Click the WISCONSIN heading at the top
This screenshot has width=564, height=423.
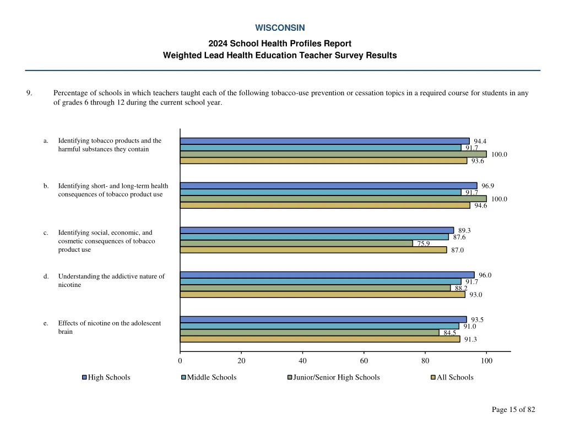click(x=280, y=28)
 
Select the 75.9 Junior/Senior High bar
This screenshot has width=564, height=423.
click(x=296, y=243)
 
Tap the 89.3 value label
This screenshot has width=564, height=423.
click(x=464, y=230)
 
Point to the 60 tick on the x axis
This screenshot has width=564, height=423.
click(x=364, y=361)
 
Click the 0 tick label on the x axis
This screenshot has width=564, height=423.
click(x=180, y=361)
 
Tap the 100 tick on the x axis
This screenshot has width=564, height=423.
click(x=486, y=361)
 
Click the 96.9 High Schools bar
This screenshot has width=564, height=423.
click(x=328, y=186)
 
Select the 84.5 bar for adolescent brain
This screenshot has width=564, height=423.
click(x=310, y=332)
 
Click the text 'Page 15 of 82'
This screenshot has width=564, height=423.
click(x=513, y=409)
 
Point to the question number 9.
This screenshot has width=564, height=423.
click(x=29, y=93)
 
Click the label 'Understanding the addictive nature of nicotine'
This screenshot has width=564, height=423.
click(x=111, y=280)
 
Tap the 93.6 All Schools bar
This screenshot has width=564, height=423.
click(x=323, y=161)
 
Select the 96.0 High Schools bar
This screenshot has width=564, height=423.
click(x=327, y=275)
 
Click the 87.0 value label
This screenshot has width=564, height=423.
click(x=457, y=250)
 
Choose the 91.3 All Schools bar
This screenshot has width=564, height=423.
click(x=320, y=339)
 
